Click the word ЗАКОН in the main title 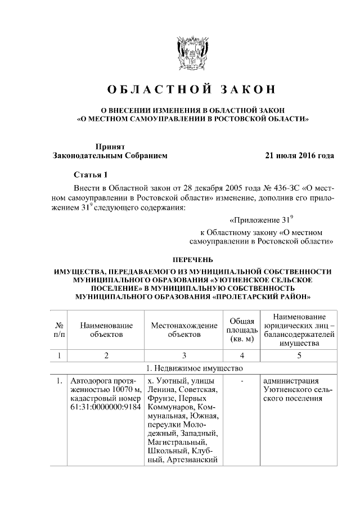248,89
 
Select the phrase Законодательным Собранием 110,156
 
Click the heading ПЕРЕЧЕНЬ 192,259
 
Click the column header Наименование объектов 106,330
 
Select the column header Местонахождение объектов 184,330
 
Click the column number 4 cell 241,355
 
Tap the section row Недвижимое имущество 192,368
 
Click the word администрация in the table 291,381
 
